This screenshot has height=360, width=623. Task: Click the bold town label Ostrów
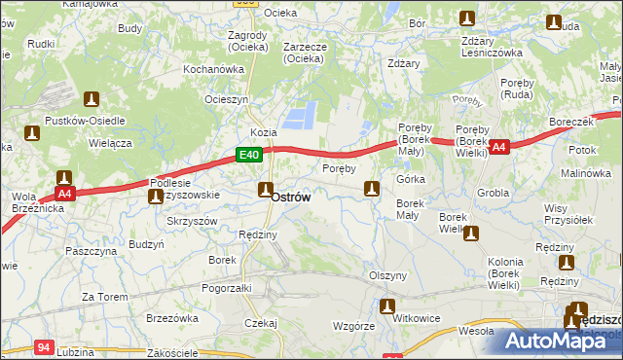tap(291, 197)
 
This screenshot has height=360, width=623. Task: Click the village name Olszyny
tap(387, 275)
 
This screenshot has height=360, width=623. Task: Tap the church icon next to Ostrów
tap(265, 189)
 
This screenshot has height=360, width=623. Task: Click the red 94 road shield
tap(43, 345)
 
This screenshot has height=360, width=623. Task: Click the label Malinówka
tap(584, 173)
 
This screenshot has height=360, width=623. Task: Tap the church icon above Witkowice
tap(388, 307)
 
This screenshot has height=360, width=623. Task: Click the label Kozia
tap(263, 131)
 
